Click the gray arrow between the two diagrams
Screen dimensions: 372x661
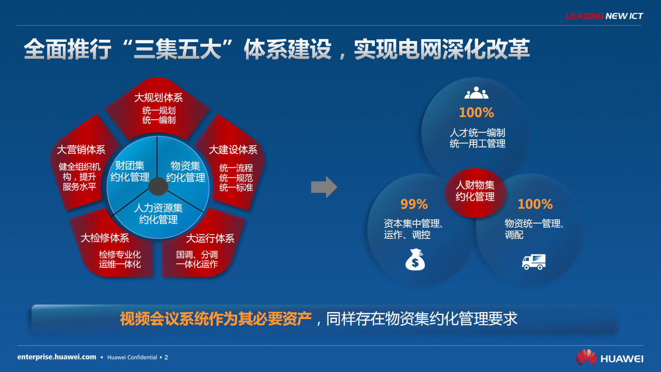coord(324,187)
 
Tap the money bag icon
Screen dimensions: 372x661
coord(415,260)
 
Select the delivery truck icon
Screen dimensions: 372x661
coord(534,262)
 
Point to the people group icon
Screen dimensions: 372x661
coord(476,93)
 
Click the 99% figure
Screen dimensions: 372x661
coord(414,204)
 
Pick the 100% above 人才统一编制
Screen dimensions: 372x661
coord(476,112)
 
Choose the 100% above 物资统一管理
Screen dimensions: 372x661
coord(535,204)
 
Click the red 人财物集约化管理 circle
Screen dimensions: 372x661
coord(475,191)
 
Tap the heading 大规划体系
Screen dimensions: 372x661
coord(158,97)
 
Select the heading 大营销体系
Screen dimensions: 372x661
coord(81,150)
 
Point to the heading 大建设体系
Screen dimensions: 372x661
coord(233,150)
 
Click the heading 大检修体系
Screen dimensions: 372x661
coord(105,238)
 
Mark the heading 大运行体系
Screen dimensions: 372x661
coord(210,238)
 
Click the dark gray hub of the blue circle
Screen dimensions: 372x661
coord(158,186)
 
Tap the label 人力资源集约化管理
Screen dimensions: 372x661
coord(158,214)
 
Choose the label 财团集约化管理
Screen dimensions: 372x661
coord(130,171)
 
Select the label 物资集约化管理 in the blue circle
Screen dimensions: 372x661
coord(185,172)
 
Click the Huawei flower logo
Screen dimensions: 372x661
coord(586,357)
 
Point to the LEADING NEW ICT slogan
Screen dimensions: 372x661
coord(604,16)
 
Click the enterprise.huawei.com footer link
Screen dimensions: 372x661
coord(57,357)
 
